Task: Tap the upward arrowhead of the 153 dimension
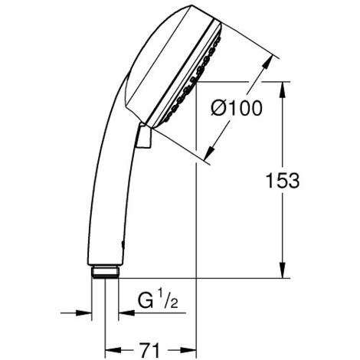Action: click(284, 85)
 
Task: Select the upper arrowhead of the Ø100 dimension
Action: click(270, 60)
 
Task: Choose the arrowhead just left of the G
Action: click(123, 312)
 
